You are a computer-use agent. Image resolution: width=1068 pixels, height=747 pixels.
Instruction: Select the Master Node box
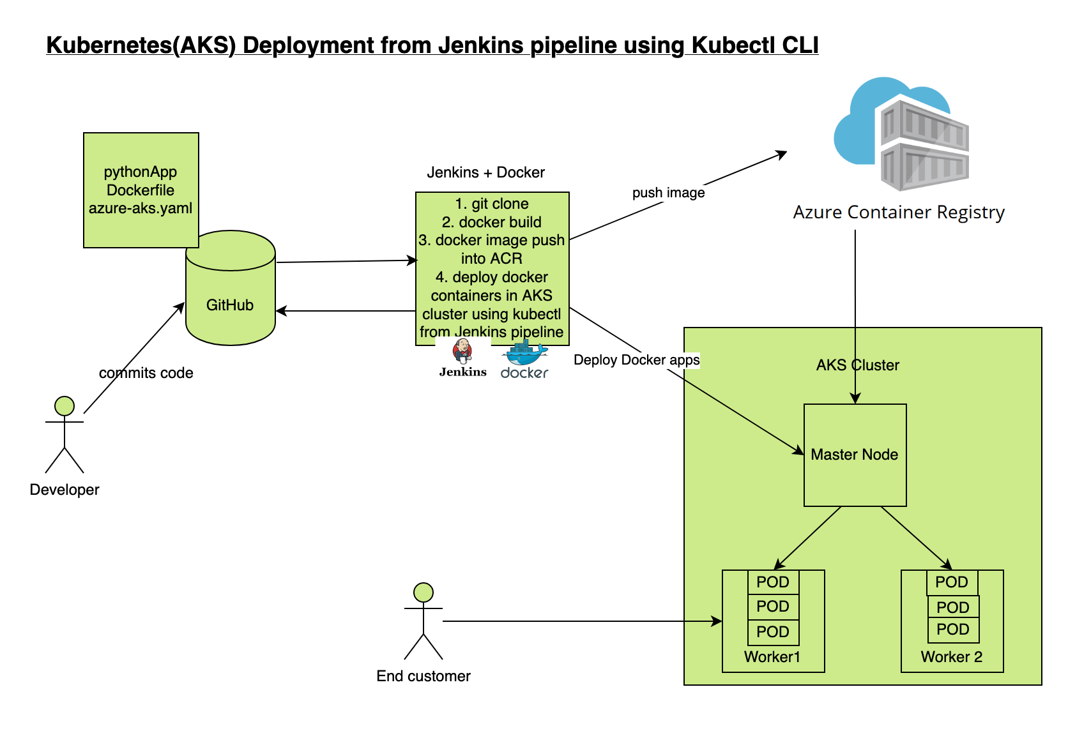tap(855, 455)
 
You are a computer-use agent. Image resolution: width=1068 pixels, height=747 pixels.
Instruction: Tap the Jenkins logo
tap(462, 358)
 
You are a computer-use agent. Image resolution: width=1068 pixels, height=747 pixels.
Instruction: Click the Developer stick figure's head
tap(65, 405)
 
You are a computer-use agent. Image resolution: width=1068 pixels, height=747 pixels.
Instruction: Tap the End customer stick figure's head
tap(423, 592)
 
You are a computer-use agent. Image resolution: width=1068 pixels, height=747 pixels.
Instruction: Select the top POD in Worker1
tap(773, 582)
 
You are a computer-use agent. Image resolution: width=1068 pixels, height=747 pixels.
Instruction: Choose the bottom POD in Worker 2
tap(952, 630)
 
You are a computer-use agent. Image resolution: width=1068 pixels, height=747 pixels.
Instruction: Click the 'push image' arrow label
tap(668, 193)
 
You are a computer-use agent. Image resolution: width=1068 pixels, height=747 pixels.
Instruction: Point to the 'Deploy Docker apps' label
tap(636, 360)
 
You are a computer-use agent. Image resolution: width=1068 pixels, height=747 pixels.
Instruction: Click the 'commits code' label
tap(146, 373)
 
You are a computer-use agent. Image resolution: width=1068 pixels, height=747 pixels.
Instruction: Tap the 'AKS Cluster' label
tap(857, 365)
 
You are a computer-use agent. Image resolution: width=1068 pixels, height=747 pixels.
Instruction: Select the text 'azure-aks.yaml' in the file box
tap(141, 208)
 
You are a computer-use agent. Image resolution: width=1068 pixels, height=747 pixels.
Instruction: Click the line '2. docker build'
tap(491, 222)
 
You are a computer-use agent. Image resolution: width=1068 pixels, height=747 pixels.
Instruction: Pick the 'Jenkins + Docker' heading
tap(485, 172)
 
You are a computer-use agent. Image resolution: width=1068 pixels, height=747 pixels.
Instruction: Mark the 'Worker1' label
tap(772, 657)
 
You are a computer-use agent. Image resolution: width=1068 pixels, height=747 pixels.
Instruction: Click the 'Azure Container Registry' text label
tap(899, 213)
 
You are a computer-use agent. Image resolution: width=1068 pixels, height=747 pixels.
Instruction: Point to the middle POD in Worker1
tap(773, 607)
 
